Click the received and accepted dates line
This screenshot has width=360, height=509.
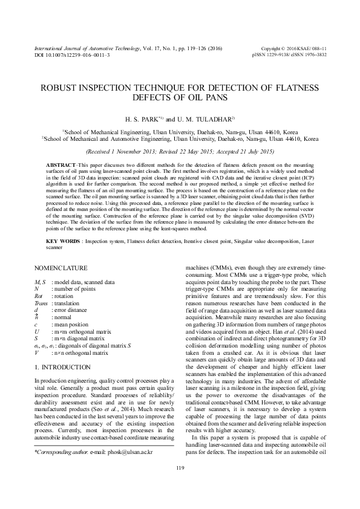point(180,151)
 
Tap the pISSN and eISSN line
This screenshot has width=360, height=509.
point(293,54)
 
